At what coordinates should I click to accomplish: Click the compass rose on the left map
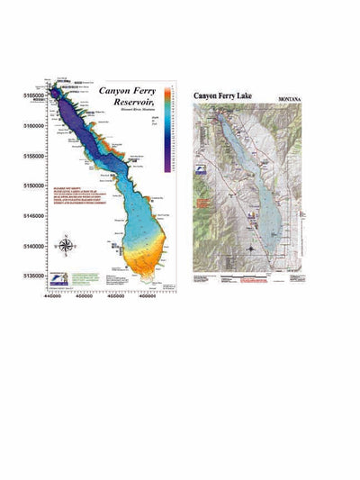67,244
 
